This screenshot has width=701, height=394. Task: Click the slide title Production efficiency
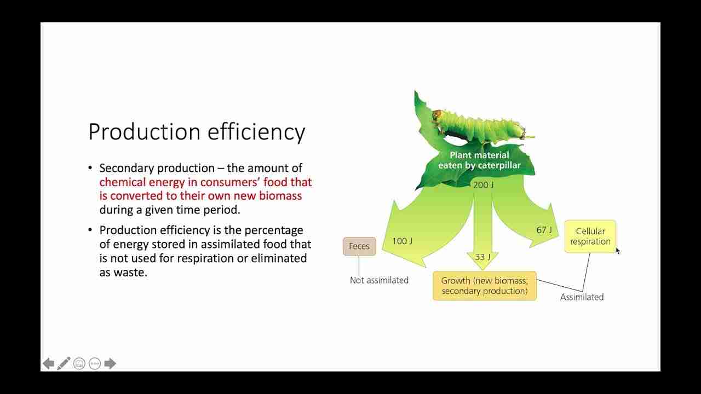[x=196, y=132]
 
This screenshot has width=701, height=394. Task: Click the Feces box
[x=359, y=246]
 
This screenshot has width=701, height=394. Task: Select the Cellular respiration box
[x=590, y=236]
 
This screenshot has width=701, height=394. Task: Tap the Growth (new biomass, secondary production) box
[x=484, y=286]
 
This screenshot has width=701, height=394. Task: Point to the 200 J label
[x=483, y=185]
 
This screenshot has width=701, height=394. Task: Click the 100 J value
[x=402, y=241]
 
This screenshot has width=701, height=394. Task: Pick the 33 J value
[x=482, y=257]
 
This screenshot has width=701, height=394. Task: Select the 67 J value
[x=544, y=230]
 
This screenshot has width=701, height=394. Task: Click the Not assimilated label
[x=379, y=280]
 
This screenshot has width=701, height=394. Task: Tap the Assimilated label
[x=582, y=297]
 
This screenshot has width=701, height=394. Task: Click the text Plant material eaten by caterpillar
[x=479, y=160]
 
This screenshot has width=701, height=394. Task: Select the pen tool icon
[x=64, y=363]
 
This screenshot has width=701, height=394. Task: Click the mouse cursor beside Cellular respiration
[x=618, y=251]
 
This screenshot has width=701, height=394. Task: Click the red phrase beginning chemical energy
[x=205, y=189]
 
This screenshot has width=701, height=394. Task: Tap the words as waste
[x=123, y=272]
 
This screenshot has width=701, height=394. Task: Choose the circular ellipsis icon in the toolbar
[x=95, y=363]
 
